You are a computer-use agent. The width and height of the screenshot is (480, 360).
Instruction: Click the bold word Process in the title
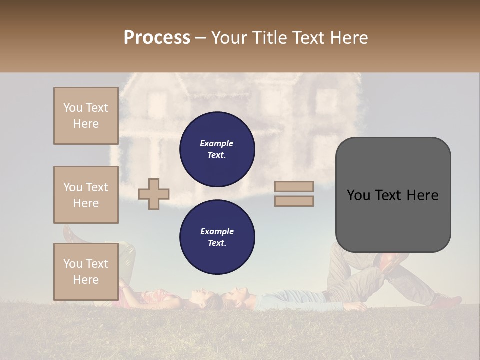(157, 38)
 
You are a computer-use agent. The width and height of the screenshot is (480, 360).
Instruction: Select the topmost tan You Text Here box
(86, 116)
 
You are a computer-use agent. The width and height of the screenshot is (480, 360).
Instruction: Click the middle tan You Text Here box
(86, 195)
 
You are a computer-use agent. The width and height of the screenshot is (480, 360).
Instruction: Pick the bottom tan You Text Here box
(86, 272)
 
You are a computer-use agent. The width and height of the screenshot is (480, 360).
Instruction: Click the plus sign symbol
(154, 194)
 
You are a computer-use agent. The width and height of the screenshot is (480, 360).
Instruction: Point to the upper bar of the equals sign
(294, 187)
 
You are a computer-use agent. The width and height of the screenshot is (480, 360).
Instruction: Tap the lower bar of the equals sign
(294, 201)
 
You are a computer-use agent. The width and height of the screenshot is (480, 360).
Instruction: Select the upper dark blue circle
(217, 149)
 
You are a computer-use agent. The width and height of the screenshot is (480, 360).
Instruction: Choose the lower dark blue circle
(217, 237)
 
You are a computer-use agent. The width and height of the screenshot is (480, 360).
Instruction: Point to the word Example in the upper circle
(216, 143)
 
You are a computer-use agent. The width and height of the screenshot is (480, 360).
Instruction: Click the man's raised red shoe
(389, 260)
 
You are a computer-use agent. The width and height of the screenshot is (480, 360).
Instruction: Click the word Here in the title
(349, 38)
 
